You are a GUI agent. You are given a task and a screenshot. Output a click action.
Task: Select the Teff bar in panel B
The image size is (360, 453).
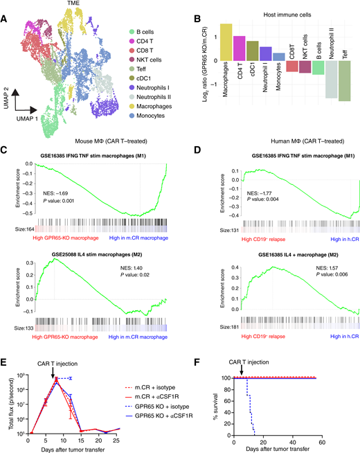point(345,81)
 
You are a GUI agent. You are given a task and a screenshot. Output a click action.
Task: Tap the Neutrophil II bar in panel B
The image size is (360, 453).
point(331,79)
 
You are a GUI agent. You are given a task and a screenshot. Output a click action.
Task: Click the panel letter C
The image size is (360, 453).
point(6,149)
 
